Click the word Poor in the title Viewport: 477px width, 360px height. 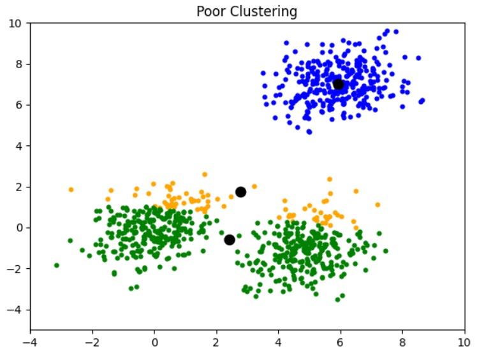pyautogui.click(x=210, y=11)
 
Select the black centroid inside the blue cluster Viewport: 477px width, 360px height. pyautogui.click(x=338, y=84)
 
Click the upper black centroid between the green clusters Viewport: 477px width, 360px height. pyautogui.click(x=240, y=192)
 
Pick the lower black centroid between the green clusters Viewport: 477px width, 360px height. pyautogui.click(x=230, y=240)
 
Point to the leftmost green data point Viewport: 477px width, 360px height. pyautogui.click(x=56, y=265)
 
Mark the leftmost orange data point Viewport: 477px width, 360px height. pyautogui.click(x=71, y=189)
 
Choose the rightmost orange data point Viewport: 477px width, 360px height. pyautogui.click(x=378, y=205)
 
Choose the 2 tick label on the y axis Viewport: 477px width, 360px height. pyautogui.click(x=19, y=187)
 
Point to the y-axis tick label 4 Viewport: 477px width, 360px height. pyautogui.click(x=19, y=146)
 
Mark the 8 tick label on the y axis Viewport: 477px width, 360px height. pyautogui.click(x=19, y=64)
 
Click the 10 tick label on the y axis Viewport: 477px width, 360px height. pyautogui.click(x=17, y=24)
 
